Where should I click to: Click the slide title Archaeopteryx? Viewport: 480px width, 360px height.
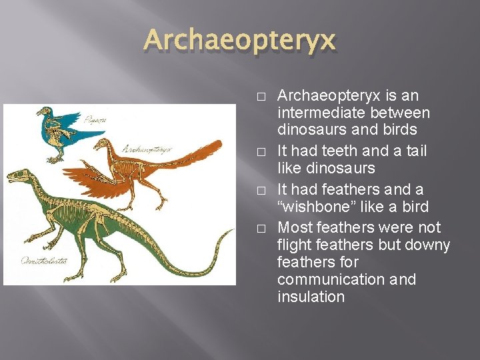click(239, 42)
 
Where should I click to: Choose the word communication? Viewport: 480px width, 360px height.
click(331, 279)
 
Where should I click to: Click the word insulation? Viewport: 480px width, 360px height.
click(311, 297)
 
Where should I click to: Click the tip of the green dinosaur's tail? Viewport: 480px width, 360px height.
click(233, 231)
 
